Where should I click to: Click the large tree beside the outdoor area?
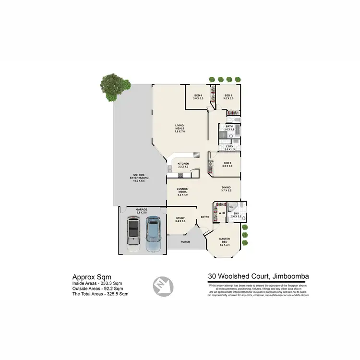pos(117,87)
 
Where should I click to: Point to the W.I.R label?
pos(222,212)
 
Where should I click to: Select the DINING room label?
pos(226,189)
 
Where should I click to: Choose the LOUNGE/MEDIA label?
pos(182,192)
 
